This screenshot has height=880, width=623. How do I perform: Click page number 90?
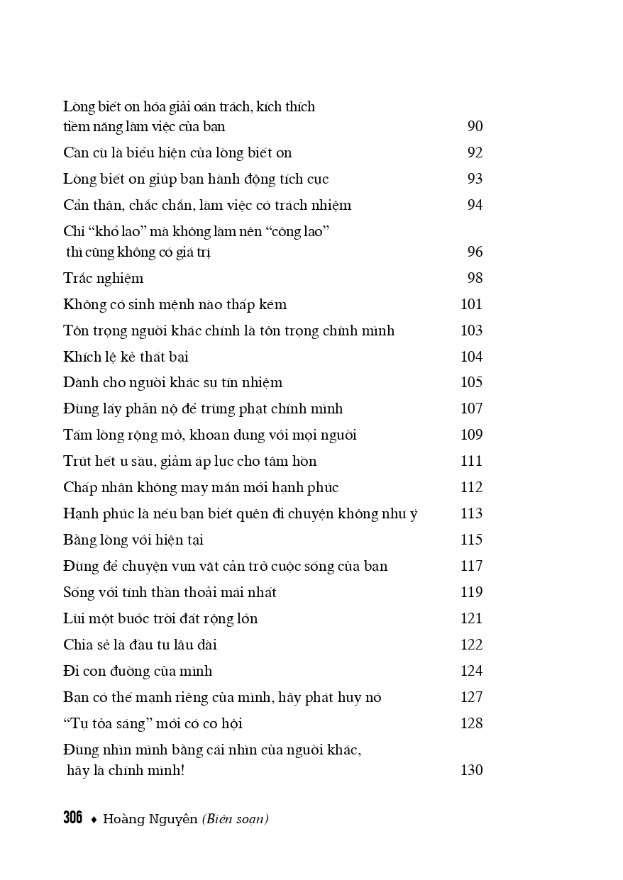point(475,127)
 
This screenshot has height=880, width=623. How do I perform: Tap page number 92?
point(475,153)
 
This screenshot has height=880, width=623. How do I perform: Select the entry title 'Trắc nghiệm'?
point(103,279)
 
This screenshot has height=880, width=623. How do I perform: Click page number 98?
point(475,279)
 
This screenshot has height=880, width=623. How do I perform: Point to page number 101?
point(472,305)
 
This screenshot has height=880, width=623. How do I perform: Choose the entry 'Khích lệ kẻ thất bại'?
point(126,357)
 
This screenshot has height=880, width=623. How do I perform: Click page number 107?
point(472,409)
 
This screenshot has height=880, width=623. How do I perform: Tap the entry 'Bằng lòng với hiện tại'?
point(133,540)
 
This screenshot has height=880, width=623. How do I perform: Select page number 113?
point(472,514)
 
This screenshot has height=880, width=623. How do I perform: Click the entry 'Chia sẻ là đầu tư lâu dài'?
point(140,645)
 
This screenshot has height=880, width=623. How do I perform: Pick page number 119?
point(472,593)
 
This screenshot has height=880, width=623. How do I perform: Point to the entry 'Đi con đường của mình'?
point(138,672)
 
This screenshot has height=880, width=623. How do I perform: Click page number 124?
point(472,672)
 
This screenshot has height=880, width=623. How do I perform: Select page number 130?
point(472,771)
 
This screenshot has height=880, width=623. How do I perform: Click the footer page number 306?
point(72,818)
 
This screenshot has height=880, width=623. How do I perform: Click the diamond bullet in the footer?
point(93,820)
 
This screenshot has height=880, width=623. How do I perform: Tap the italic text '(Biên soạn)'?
point(235,820)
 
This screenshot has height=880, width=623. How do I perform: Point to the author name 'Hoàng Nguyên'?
point(150,820)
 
